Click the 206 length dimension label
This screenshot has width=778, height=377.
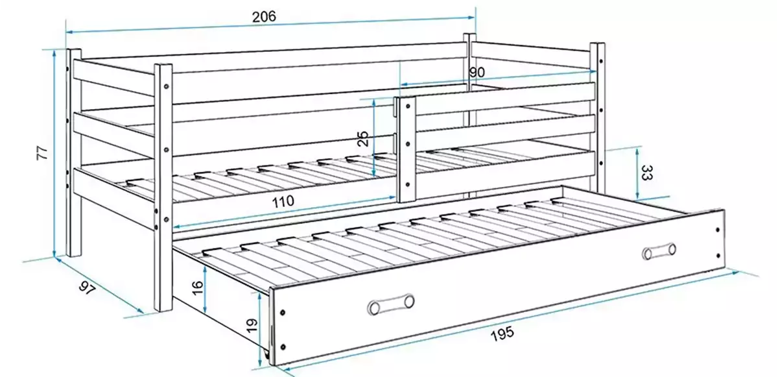pos(265,17)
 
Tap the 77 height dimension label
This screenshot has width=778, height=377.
pos(43,153)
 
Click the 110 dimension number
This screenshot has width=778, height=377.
pos(283,201)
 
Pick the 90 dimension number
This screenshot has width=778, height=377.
pos(477,72)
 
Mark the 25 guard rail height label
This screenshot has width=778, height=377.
pos(364,138)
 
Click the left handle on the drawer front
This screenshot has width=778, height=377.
pos(390,304)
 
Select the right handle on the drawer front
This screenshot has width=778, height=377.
pos(659,250)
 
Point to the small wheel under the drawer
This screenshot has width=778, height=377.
pos(267,356)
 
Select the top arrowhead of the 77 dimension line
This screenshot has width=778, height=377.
pos(54,52)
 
